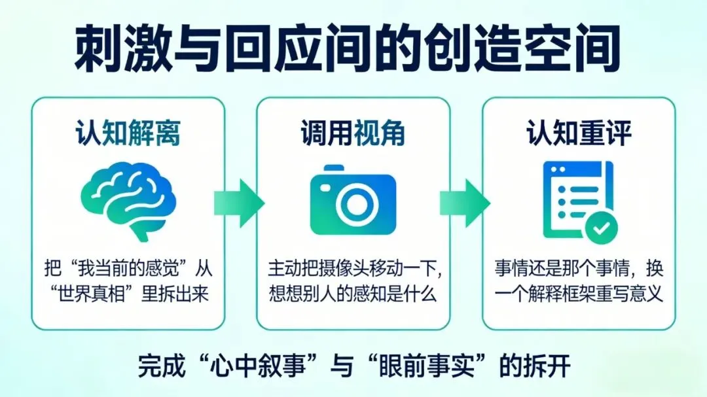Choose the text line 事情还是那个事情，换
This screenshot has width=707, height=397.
579,269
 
